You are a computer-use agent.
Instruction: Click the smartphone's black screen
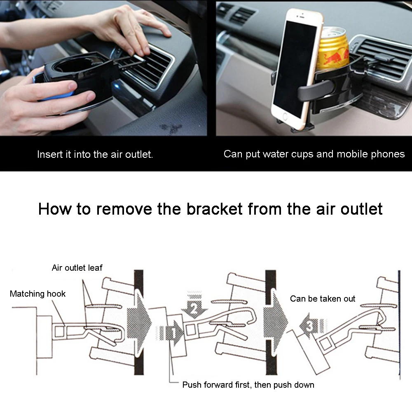(x=295, y=69)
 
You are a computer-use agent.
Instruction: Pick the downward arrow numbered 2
(x=195, y=304)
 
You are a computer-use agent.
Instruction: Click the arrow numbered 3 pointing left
(x=313, y=326)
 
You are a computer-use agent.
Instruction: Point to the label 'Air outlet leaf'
(x=77, y=268)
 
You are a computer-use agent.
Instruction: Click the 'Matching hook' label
(x=37, y=294)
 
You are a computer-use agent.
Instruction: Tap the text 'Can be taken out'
(x=323, y=299)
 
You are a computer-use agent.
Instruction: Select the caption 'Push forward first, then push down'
(x=248, y=385)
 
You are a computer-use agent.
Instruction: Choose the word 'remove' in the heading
(x=124, y=209)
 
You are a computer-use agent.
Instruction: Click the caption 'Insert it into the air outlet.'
(x=95, y=154)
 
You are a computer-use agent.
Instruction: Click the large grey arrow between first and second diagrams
(x=138, y=322)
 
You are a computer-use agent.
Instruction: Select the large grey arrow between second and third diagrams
(x=275, y=321)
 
